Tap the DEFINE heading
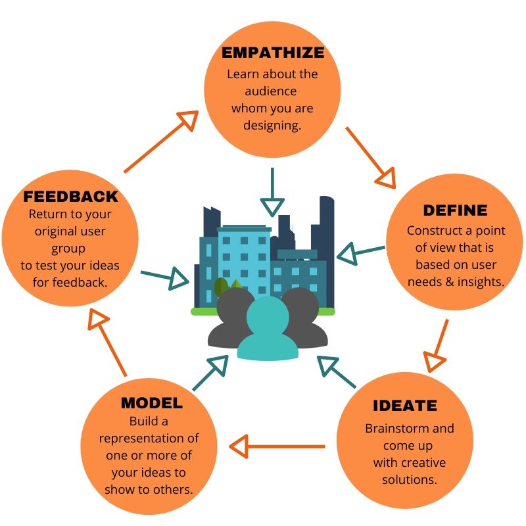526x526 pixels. pyautogui.click(x=455, y=210)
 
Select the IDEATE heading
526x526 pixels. pyautogui.click(x=404, y=406)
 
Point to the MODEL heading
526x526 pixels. pyautogui.click(x=151, y=402)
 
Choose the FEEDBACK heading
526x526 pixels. pyautogui.click(x=70, y=196)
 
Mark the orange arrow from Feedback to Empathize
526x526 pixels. pyautogui.click(x=161, y=141)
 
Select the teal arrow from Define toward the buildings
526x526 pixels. pyautogui.click(x=361, y=251)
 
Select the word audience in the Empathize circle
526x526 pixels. pyautogui.click(x=272, y=91)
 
